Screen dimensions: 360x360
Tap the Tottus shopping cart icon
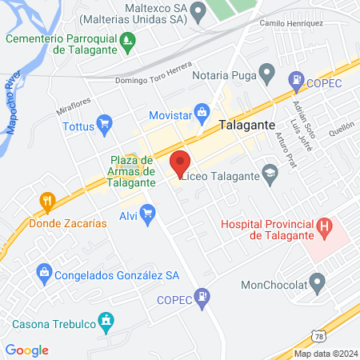click(x=103, y=124)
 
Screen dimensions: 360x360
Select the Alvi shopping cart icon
click(x=146, y=212)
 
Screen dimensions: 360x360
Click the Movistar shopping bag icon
click(x=202, y=112)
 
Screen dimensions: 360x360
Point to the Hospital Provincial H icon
click(x=324, y=226)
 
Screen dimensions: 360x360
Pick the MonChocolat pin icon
click(x=318, y=282)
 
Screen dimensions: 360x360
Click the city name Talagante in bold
click(x=247, y=126)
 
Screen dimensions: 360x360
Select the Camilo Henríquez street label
click(x=291, y=23)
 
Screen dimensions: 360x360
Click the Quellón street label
click(x=341, y=126)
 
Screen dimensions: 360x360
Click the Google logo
click(x=26, y=350)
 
